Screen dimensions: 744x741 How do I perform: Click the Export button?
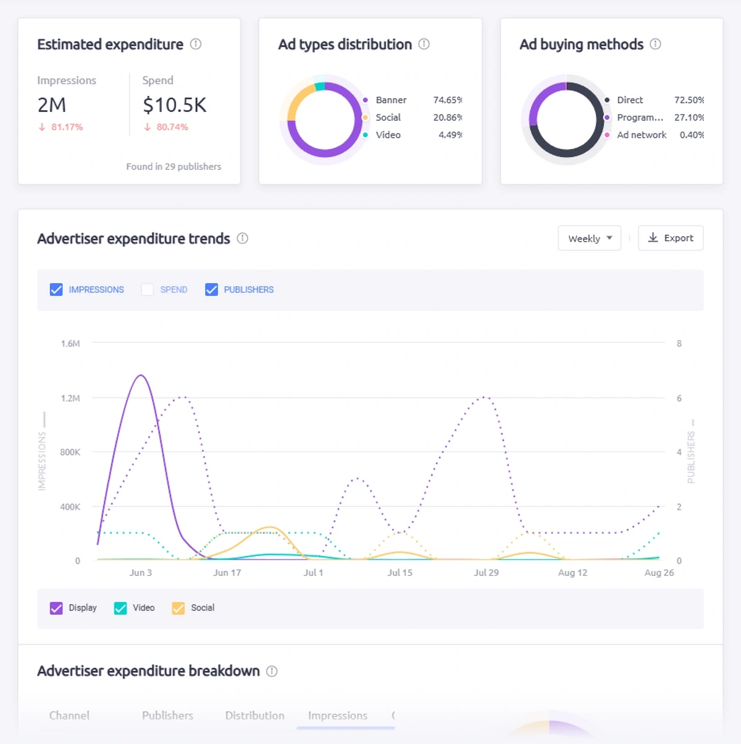coord(671,238)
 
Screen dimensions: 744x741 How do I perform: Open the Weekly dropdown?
coord(589,238)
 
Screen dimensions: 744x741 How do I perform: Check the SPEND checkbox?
coord(147,289)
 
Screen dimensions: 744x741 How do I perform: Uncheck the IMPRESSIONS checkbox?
coord(56,289)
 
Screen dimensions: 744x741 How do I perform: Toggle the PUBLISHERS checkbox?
coord(211,289)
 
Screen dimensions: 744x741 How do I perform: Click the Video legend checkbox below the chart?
coord(120,608)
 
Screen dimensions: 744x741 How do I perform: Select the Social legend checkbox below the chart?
coord(178,608)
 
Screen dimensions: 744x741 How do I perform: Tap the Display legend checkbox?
coord(56,608)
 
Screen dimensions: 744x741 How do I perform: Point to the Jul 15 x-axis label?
coord(400,573)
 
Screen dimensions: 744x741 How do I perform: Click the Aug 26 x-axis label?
coord(659,573)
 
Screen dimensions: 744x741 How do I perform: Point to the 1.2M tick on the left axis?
coord(70,398)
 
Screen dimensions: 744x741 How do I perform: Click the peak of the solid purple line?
coord(141,375)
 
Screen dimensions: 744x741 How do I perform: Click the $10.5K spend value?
coord(175,105)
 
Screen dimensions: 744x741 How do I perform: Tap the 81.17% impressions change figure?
coord(67,127)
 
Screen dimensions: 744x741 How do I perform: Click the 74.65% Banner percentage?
coord(447,100)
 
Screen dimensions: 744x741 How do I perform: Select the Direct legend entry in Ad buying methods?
coord(629,100)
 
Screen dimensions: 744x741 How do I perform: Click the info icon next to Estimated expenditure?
coord(196,44)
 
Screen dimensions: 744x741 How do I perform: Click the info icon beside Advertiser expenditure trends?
coord(243,239)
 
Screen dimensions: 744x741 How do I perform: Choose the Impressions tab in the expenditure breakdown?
coord(338,716)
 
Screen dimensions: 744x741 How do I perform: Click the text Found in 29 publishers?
coord(174,167)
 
